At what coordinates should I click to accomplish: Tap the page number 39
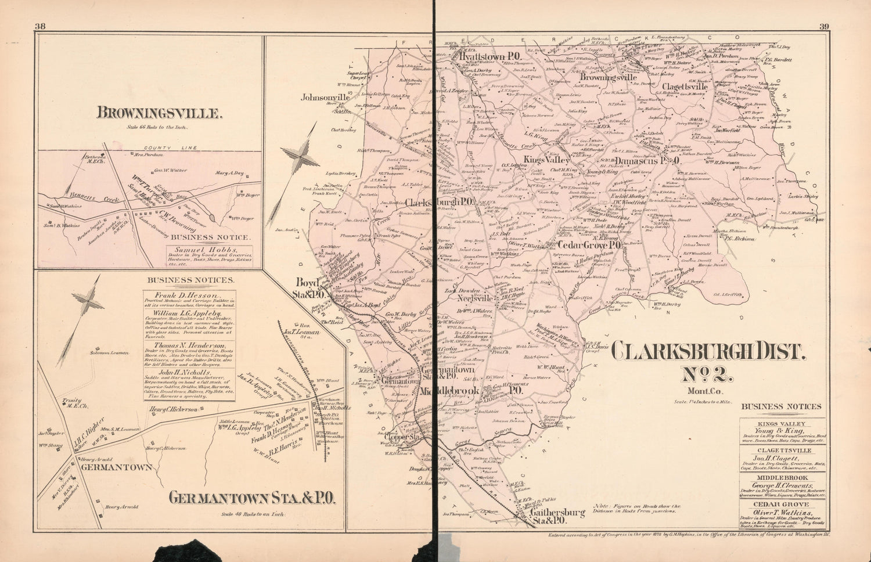pyautogui.click(x=825, y=26)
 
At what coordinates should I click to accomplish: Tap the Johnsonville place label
pyautogui.click(x=325, y=98)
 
